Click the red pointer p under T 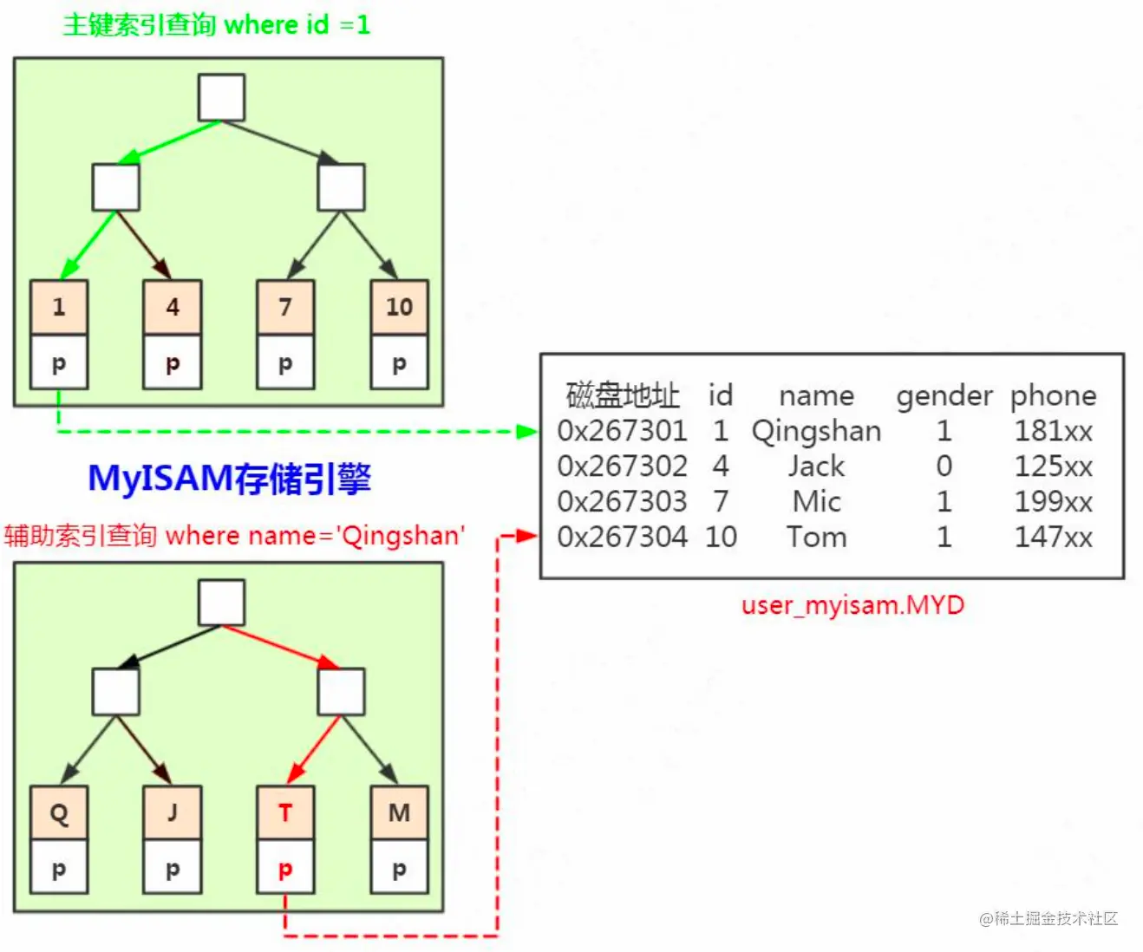[285, 868]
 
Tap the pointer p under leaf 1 [59, 362]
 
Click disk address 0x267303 [622, 501]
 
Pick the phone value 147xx [1053, 537]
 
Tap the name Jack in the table [816, 466]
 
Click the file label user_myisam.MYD [852, 605]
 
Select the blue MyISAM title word [161, 479]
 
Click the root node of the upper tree [222, 97]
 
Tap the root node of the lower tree [222, 603]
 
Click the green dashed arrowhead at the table [527, 432]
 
